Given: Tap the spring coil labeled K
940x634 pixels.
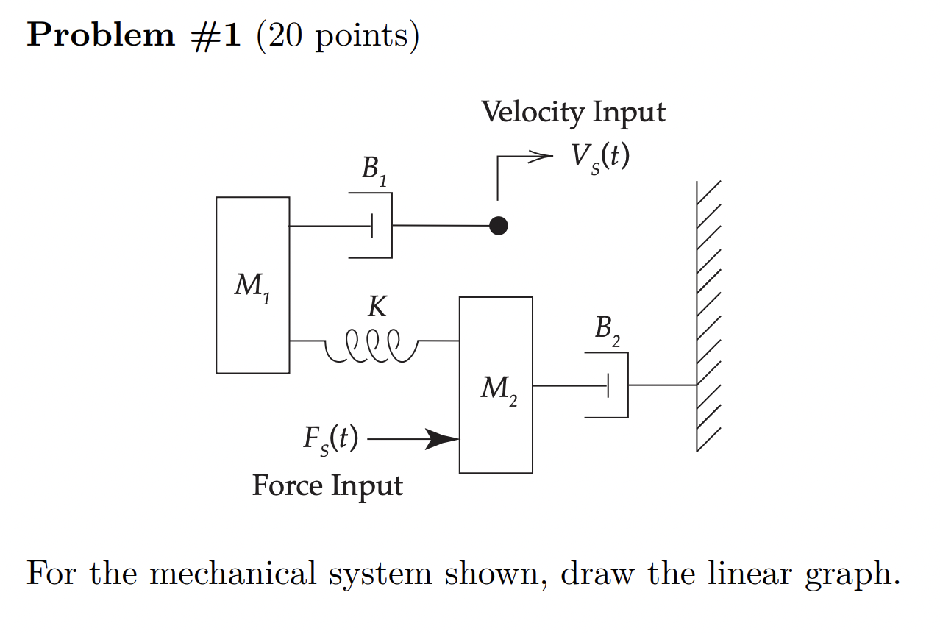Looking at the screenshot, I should point(371,345).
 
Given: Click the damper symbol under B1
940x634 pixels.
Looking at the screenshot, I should point(374,226).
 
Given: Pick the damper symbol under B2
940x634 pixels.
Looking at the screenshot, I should point(610,385).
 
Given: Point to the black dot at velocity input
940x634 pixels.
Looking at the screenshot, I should point(498,226).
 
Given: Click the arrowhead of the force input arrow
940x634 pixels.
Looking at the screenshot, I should point(444,440).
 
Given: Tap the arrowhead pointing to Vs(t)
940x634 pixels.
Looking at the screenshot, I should point(542,156).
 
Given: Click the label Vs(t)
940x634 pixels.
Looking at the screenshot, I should point(600,156).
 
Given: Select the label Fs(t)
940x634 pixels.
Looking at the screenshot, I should point(330,439).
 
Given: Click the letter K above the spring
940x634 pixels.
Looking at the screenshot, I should point(377,307).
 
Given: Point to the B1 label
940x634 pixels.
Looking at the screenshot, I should point(374,171).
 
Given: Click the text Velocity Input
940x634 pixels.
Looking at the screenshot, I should point(573,113).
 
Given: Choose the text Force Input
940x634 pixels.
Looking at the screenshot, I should point(327,486).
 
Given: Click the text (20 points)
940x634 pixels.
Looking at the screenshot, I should point(338,36).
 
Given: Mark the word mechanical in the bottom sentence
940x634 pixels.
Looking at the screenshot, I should point(234,574).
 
